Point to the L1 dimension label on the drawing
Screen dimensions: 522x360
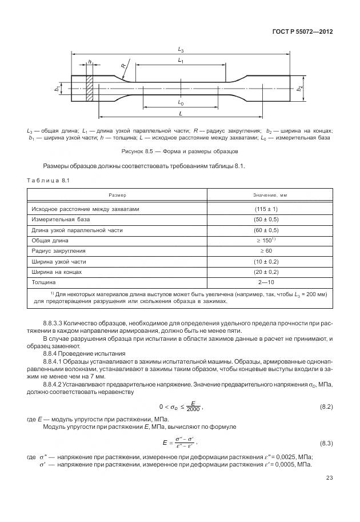pos(180,60)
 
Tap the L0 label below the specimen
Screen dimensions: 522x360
pos(181,103)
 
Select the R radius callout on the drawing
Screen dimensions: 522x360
pos(123,66)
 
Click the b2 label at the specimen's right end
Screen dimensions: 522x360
pos(300,89)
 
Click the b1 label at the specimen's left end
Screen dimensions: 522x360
pos(57,89)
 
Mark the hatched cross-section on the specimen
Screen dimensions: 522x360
pos(90,89)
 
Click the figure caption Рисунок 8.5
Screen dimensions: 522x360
pos(180,152)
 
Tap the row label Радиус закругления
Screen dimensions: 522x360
pos(60,250)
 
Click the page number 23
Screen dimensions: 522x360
pos(329,479)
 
